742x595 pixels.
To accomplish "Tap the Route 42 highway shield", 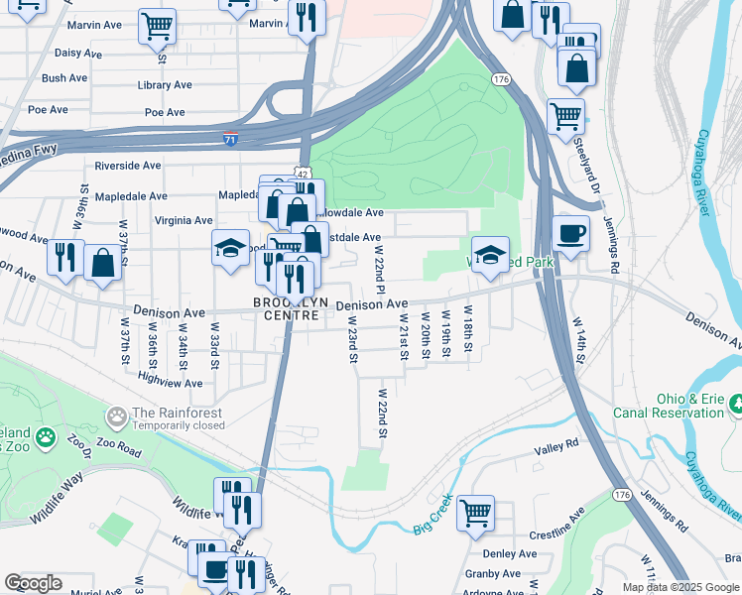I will coord(300,173).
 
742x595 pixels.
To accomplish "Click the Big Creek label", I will coord(433,514).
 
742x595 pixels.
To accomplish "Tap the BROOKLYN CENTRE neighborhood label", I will coord(288,308).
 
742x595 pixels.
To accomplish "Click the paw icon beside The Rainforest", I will coord(117,414).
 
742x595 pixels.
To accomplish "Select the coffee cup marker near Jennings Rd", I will coord(571,235).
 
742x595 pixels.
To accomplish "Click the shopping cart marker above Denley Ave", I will coord(475,513).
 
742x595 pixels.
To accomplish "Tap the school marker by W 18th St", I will coord(490,255).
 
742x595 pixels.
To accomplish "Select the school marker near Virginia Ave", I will coord(230,248).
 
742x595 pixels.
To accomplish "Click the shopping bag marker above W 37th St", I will coord(102,263).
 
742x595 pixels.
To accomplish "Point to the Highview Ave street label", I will coord(170,382).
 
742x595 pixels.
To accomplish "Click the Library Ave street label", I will coord(165,85).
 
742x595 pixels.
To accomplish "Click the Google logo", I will coord(33,583).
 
